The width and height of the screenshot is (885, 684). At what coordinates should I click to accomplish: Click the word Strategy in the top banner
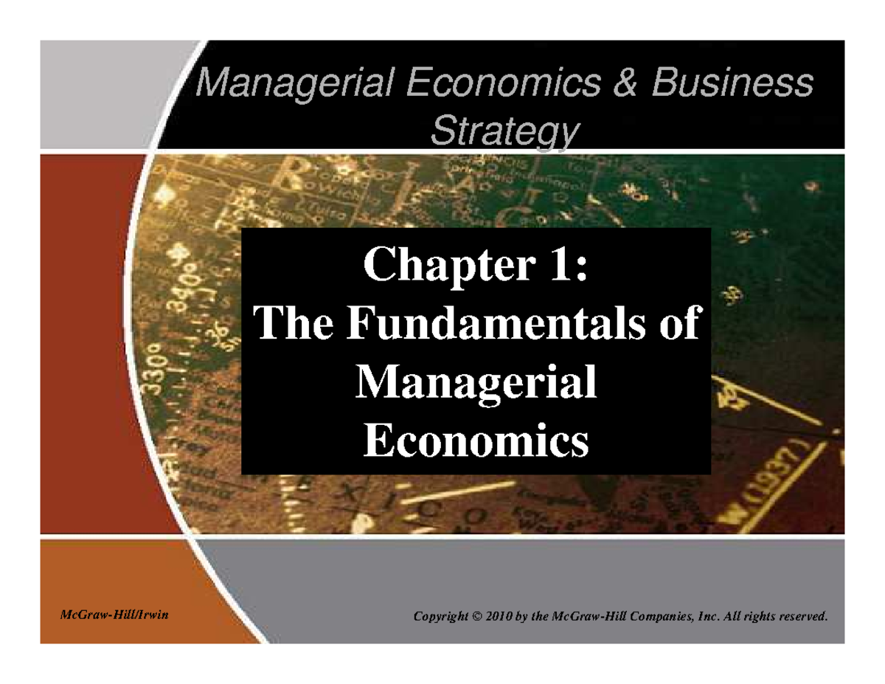(x=505, y=131)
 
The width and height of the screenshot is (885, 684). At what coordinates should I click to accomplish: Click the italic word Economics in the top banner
(x=504, y=83)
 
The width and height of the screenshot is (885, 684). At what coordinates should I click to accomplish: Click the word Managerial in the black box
(x=476, y=384)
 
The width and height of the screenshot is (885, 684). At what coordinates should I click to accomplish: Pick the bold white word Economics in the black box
(x=476, y=441)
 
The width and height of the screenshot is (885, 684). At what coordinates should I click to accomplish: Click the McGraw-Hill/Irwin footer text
(x=114, y=615)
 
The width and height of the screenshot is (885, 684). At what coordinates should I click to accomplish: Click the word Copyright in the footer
(x=441, y=617)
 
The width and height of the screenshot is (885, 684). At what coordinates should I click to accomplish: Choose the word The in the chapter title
(x=294, y=322)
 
